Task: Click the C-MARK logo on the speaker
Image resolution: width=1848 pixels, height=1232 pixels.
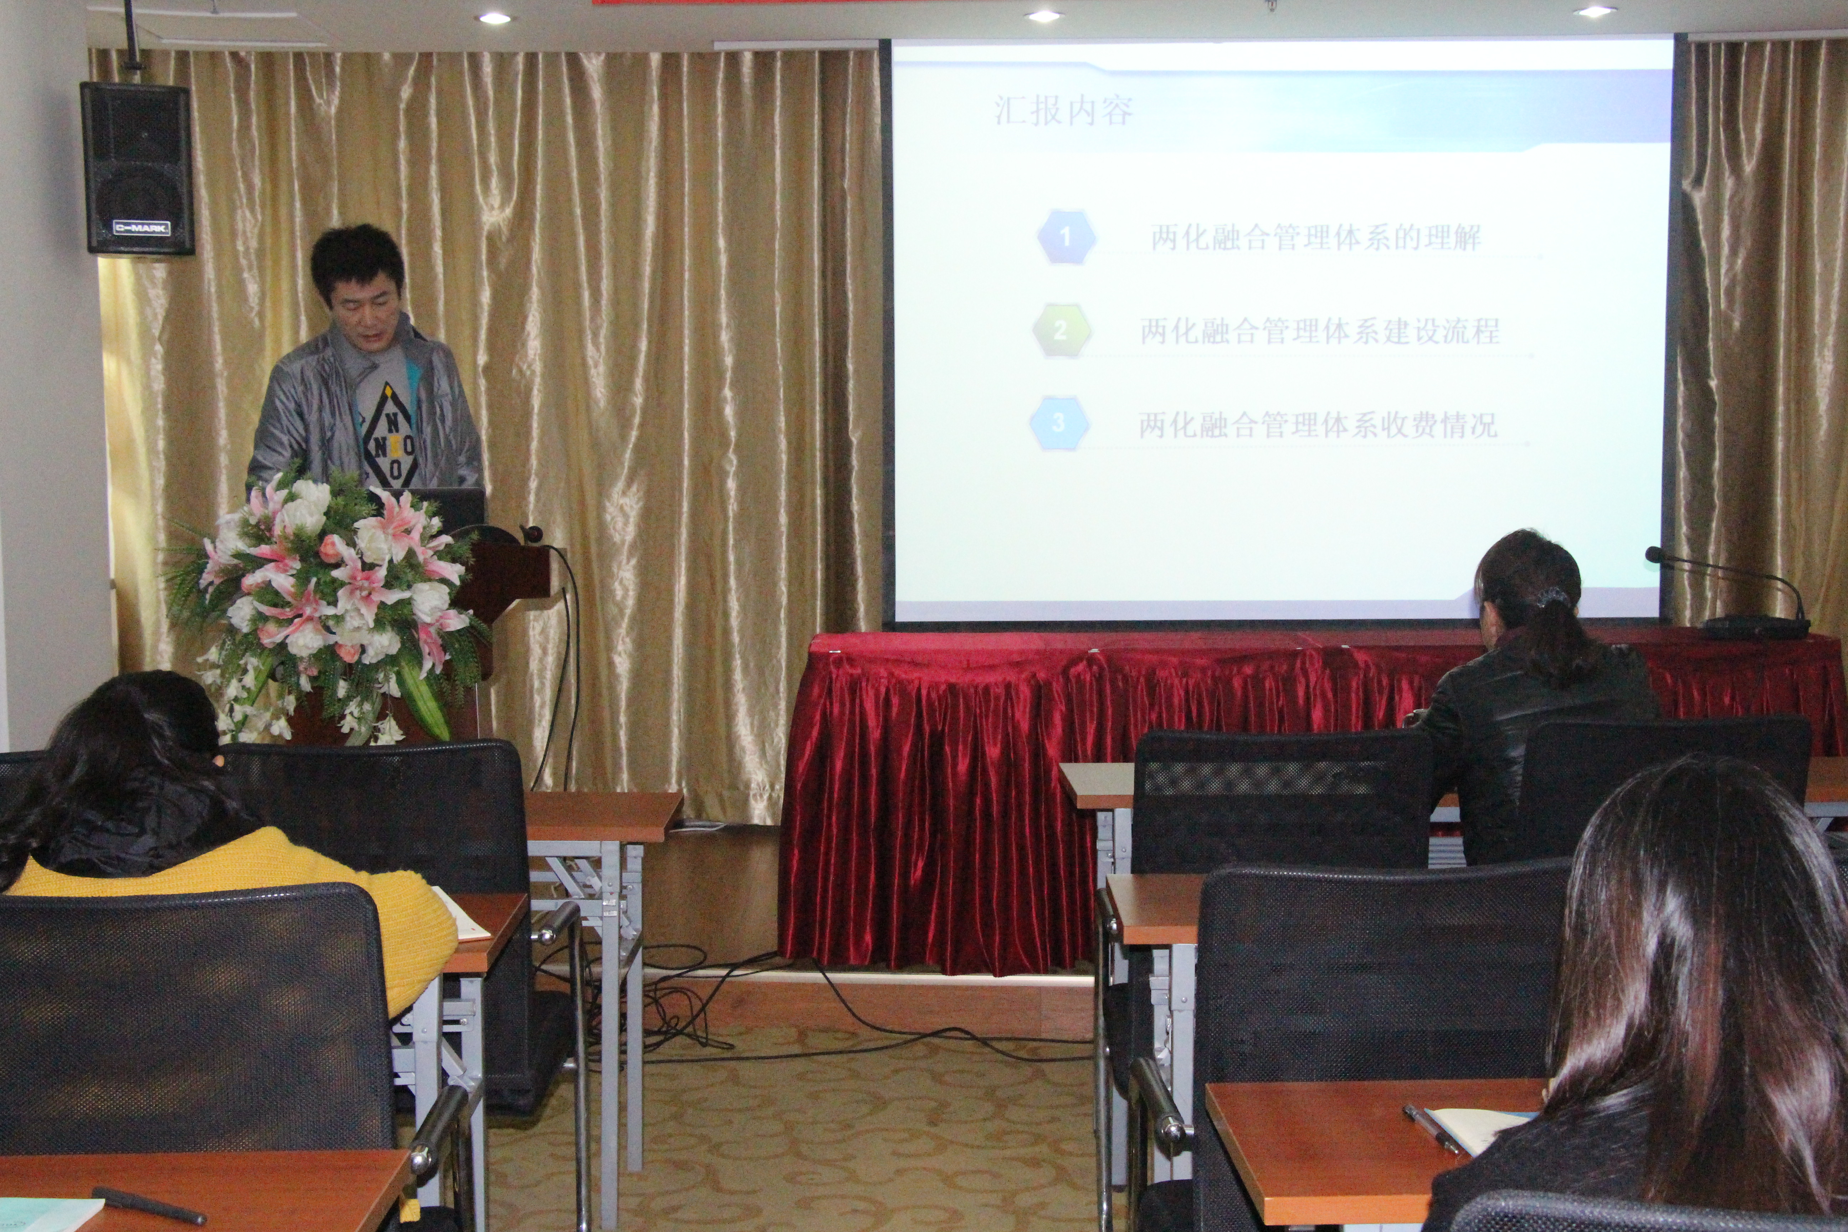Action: pos(142,228)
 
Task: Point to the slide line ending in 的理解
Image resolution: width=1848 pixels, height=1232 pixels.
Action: pos(1316,237)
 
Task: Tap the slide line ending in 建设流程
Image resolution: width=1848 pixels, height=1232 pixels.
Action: pos(1320,331)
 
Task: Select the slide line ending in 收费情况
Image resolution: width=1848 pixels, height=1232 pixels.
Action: pos(1318,425)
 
